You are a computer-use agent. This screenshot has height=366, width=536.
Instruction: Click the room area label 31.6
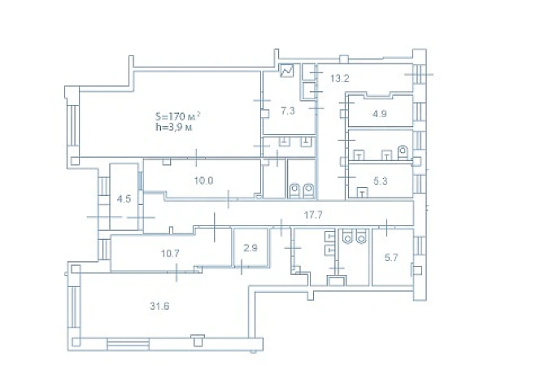[x=159, y=306]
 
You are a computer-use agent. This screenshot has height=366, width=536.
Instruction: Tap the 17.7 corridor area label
[x=313, y=215]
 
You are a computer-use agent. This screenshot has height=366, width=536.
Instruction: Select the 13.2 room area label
[x=340, y=79]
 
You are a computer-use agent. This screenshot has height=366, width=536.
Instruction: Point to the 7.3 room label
[x=288, y=111]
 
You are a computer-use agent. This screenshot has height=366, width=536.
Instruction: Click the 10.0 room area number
[x=203, y=181]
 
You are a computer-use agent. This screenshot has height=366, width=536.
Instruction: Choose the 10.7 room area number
[x=170, y=254]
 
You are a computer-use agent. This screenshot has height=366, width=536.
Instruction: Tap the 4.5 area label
[x=124, y=199]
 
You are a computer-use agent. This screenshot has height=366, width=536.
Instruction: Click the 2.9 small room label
[x=251, y=248]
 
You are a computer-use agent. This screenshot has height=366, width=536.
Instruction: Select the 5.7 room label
[x=391, y=257]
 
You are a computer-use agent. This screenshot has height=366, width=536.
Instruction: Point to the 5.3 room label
[x=381, y=181]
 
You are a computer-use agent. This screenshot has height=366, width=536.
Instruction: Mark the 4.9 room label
[x=380, y=113]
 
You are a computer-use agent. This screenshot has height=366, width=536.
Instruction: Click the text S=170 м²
[x=178, y=116]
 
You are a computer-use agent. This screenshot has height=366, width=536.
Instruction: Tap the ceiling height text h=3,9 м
[x=173, y=128]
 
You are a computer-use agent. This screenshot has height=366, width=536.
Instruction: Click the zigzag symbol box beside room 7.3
[x=287, y=71]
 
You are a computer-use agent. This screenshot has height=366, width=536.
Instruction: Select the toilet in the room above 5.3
[x=403, y=152]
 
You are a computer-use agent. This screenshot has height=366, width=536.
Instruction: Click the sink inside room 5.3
[x=363, y=193]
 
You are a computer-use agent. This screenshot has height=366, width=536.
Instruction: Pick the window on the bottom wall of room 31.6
[x=129, y=344]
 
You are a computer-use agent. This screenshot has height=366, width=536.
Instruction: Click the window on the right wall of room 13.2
[x=419, y=74]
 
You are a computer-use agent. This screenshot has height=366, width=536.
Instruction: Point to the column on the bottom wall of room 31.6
[x=197, y=340]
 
